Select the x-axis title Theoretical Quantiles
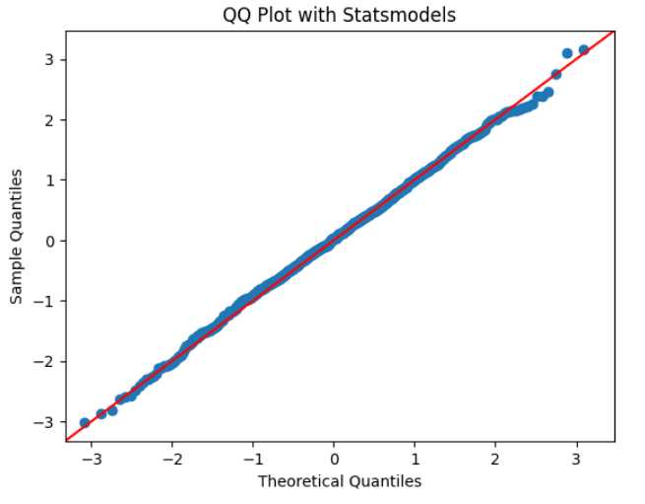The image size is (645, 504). click(x=340, y=481)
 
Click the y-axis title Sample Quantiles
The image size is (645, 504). click(x=18, y=236)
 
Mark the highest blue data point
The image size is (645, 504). click(x=583, y=49)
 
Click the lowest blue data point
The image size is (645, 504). click(x=85, y=423)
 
